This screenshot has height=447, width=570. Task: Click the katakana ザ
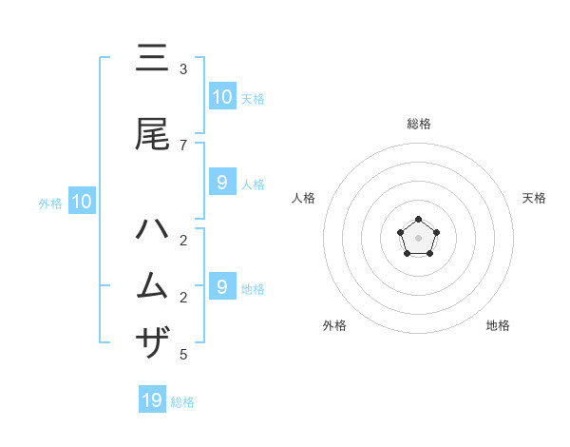[x=152, y=341]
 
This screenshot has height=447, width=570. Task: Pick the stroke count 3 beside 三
[x=183, y=69]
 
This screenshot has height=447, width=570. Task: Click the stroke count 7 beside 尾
[x=183, y=145]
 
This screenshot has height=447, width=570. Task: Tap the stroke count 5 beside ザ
[x=183, y=355]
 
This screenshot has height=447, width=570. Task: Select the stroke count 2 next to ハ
[x=183, y=240]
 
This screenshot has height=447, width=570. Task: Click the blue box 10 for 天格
[x=222, y=96]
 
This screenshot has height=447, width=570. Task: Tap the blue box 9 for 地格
[x=222, y=286]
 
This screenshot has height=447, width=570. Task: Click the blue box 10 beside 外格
[x=82, y=201]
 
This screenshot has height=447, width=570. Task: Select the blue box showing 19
[x=152, y=400]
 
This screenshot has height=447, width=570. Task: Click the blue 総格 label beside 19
[x=182, y=402]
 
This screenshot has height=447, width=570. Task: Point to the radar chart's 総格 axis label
[x=418, y=124]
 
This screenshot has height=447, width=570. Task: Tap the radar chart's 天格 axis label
[x=534, y=198]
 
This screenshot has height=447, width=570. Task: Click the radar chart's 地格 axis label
[x=498, y=325]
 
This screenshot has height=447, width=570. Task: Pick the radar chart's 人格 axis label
[x=303, y=198]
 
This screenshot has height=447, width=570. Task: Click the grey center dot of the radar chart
[x=418, y=238]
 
